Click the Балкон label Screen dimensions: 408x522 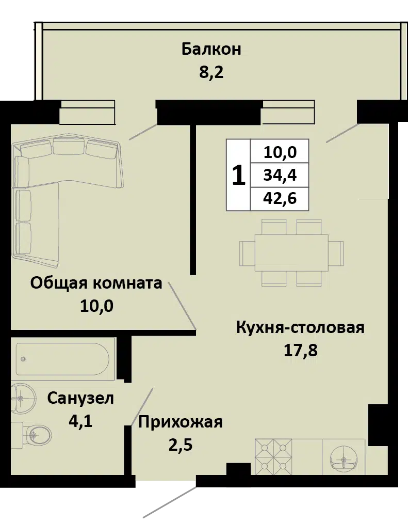(x=211, y=49)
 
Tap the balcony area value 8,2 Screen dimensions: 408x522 (x=211, y=72)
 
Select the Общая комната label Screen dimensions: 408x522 (x=96, y=283)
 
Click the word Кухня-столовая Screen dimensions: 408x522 (x=300, y=327)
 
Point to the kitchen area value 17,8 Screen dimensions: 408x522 (x=300, y=350)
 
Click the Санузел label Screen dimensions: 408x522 (x=80, y=398)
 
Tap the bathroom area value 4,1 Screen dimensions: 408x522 (x=80, y=421)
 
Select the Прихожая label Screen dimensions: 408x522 (x=180, y=422)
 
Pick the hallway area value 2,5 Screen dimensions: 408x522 (x=180, y=445)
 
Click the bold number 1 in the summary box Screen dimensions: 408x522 (x=238, y=176)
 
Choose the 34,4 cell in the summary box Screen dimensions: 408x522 (x=280, y=175)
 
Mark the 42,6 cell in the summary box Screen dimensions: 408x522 (x=280, y=199)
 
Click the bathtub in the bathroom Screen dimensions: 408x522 (x=62, y=359)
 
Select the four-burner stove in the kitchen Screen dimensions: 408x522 (x=273, y=457)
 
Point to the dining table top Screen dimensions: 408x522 (x=291, y=252)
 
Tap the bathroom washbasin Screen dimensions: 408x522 (x=23, y=399)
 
